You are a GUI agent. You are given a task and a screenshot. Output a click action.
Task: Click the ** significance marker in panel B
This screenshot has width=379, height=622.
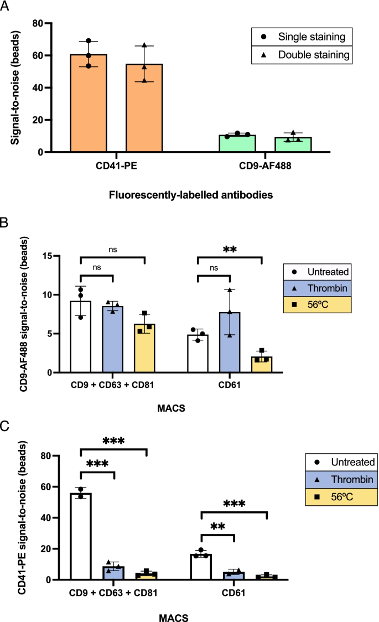[x=229, y=250]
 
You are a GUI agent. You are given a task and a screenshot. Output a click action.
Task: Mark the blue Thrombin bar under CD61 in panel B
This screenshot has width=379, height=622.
[x=230, y=343]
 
